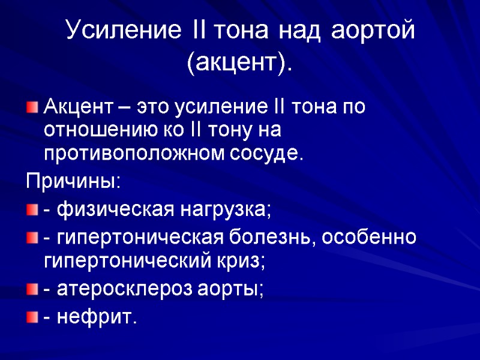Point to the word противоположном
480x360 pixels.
point(134,154)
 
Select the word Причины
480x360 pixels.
point(72,182)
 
